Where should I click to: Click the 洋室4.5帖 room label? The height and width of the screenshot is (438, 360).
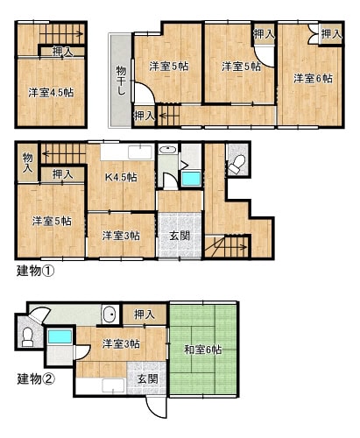(x=51, y=93)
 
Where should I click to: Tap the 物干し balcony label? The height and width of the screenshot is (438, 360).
(x=121, y=81)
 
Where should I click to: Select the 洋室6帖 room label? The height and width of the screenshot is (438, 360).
(x=313, y=78)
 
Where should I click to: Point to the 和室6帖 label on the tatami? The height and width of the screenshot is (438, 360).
(x=202, y=350)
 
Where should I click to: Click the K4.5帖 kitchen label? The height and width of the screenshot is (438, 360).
(x=121, y=177)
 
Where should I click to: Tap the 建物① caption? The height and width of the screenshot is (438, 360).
(x=35, y=272)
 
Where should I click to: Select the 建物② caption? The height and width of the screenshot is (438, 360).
(x=36, y=379)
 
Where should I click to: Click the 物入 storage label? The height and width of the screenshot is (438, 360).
(x=28, y=162)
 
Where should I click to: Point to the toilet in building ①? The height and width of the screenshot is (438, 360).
(x=236, y=165)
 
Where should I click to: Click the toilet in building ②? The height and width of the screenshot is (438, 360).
(x=28, y=337)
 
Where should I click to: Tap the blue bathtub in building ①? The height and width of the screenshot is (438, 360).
(x=191, y=179)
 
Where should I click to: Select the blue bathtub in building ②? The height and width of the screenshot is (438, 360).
(x=60, y=336)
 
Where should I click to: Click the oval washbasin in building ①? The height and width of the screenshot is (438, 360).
(x=167, y=150)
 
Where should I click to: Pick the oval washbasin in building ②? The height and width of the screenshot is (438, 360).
(x=110, y=314)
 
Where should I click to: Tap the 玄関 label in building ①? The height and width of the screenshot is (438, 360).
(x=180, y=236)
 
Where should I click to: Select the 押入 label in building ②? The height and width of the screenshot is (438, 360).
(x=145, y=314)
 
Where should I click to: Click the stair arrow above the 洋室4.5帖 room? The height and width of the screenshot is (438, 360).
(x=61, y=34)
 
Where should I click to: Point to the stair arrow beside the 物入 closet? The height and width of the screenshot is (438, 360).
(x=64, y=153)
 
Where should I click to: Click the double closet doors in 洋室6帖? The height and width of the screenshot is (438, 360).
(x=314, y=34)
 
